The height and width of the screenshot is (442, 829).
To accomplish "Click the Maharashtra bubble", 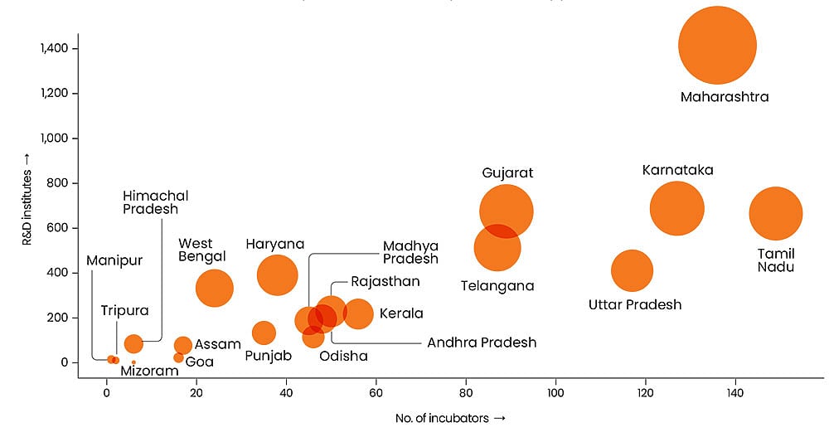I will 717,46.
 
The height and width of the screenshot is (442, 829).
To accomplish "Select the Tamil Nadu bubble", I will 776,214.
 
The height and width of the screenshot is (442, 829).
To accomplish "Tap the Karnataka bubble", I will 677,209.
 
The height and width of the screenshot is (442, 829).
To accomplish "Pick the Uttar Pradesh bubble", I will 633,270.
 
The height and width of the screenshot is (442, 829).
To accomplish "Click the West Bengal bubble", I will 215,289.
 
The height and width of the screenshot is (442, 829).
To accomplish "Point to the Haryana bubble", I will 277,275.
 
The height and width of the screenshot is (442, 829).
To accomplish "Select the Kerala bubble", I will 358,313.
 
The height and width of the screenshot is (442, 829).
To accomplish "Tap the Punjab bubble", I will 264,333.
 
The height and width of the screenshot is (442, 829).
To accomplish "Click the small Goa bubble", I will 178,357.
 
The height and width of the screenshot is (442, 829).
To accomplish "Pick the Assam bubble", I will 183,345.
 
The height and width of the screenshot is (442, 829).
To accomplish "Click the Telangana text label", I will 497,286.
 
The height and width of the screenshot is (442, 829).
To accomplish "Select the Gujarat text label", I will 507,172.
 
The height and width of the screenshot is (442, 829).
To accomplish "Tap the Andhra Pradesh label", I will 482,342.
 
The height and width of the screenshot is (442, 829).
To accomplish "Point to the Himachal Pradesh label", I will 156,202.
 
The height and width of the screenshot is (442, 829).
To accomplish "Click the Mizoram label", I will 149,371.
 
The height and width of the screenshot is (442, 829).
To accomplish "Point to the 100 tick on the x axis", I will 555,390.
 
